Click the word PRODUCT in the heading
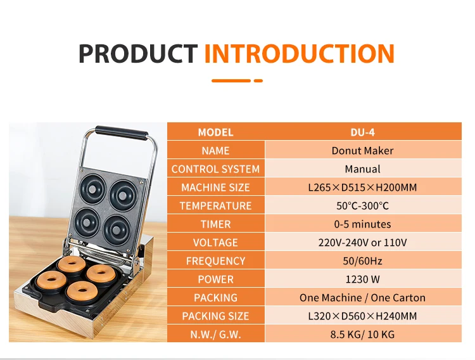pyautogui.click(x=138, y=53)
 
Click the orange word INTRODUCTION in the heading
pyautogui.click(x=300, y=53)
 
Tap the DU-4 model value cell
pyautogui.click(x=363, y=132)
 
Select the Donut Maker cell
pyautogui.click(x=363, y=150)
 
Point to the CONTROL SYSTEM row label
pyautogui.click(x=216, y=169)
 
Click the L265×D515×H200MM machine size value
pyautogui.click(x=363, y=188)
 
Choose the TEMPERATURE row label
pyautogui.click(x=216, y=206)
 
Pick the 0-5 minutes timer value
pyautogui.click(x=363, y=224)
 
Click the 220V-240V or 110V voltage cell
pyautogui.click(x=363, y=242)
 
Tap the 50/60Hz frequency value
pyautogui.click(x=363, y=261)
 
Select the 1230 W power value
pyautogui.click(x=363, y=280)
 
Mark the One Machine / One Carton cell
pyautogui.click(x=363, y=297)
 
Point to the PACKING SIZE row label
pyautogui.click(x=216, y=316)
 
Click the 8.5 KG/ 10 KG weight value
pyautogui.click(x=363, y=335)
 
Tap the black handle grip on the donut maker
pyautogui.click(x=122, y=133)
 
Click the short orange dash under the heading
pyautogui.click(x=258, y=80)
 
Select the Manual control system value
pyautogui.click(x=363, y=169)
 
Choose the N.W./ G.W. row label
pyautogui.click(x=216, y=335)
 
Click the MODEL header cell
pyautogui.click(x=216, y=132)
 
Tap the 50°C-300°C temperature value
pyautogui.click(x=363, y=206)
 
